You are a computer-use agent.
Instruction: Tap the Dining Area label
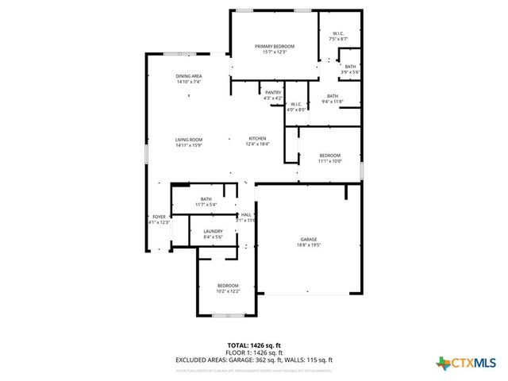coord(189,76)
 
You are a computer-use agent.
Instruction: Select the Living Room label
coord(189,140)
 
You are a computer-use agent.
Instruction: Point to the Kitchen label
coord(258,139)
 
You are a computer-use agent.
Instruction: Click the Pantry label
coord(273,93)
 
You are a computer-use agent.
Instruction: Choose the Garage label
coord(309,239)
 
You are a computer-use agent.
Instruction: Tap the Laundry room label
coord(213,231)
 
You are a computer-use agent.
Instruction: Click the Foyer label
coord(160,217)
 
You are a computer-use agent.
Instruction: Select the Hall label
coord(247,214)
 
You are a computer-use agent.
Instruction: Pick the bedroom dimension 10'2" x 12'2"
coord(229,291)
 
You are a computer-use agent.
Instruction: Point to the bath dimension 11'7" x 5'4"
coord(206,205)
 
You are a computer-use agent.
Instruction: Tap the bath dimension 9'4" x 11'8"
coord(332,102)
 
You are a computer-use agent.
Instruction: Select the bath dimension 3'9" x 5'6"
coord(350,72)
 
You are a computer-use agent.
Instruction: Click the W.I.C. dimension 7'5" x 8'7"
coord(338,39)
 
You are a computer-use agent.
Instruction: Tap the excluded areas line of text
coord(254,360)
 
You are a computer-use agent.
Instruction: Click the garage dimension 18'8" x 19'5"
coord(309,244)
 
